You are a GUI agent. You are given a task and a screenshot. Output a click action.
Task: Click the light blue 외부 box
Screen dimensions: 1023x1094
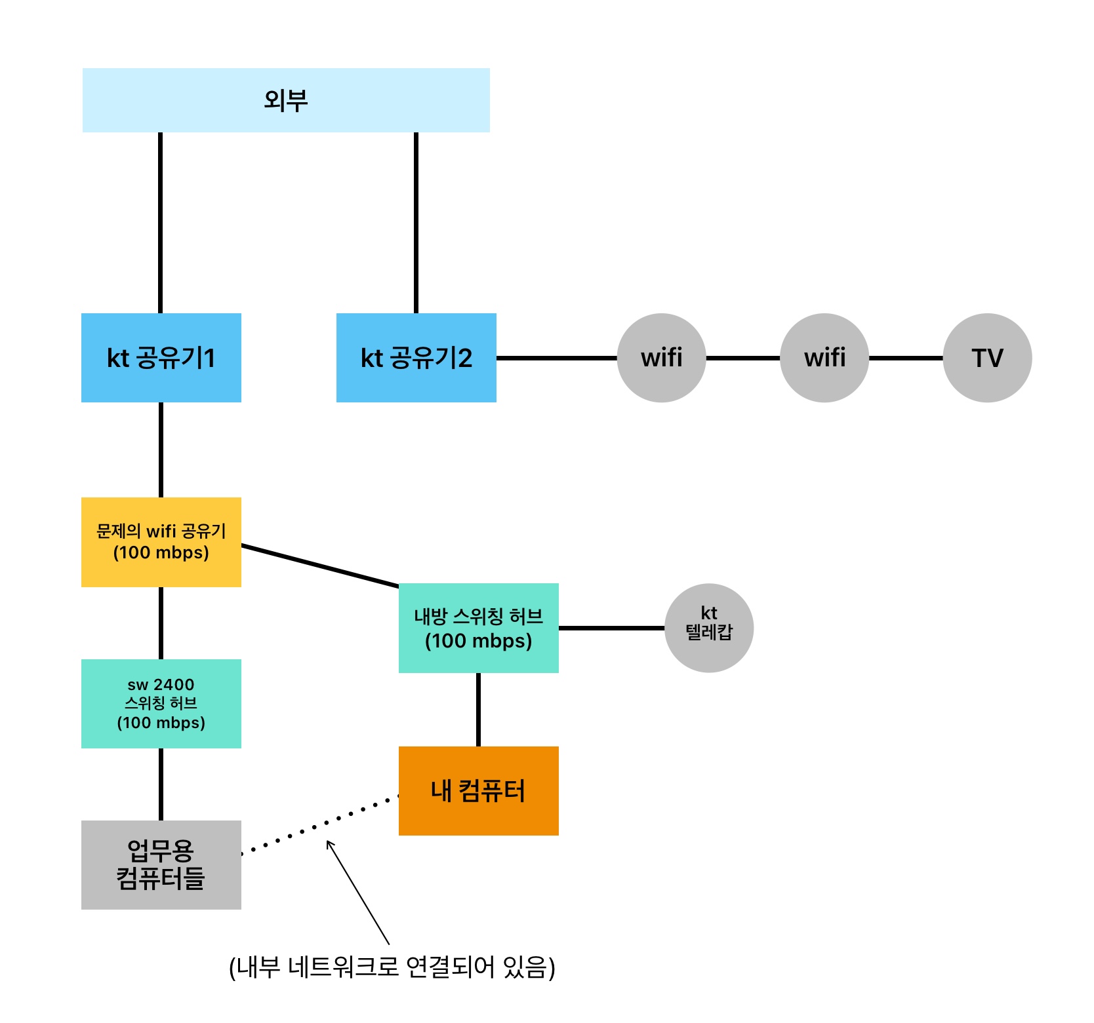pyautogui.click(x=286, y=100)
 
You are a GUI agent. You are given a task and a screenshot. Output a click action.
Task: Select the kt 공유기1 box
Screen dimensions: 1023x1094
pyautogui.click(x=161, y=358)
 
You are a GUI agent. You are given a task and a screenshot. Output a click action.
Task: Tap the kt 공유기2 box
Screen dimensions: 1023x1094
pyautogui.click(x=416, y=358)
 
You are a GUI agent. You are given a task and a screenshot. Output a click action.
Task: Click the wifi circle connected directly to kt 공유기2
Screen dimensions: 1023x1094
pyautogui.click(x=661, y=358)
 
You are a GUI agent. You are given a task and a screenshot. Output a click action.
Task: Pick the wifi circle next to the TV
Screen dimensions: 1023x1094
pyautogui.click(x=824, y=358)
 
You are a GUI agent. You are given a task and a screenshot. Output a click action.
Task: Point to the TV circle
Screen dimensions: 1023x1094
pyautogui.click(x=987, y=358)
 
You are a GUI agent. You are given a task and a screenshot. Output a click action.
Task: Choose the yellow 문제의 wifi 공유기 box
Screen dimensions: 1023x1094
pyautogui.click(x=161, y=542)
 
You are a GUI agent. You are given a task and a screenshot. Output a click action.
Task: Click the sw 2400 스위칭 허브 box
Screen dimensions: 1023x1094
pyautogui.click(x=161, y=703)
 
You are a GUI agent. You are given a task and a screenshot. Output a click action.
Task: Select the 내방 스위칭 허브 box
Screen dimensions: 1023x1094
pyautogui.click(x=479, y=628)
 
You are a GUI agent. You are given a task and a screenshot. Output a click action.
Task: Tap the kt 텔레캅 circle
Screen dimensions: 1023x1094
pyautogui.click(x=709, y=628)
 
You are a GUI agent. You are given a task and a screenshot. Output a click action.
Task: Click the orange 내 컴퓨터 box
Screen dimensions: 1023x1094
pyautogui.click(x=479, y=790)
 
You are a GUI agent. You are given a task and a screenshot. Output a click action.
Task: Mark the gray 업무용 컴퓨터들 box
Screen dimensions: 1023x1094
pyautogui.click(x=161, y=864)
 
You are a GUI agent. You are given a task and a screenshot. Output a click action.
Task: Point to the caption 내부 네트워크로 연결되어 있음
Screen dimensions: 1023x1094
pyautogui.click(x=392, y=967)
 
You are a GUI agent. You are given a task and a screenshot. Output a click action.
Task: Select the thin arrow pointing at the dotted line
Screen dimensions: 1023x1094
pyautogui.click(x=358, y=893)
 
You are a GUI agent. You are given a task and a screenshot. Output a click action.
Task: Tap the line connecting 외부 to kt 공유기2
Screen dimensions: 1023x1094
pyautogui.click(x=416, y=223)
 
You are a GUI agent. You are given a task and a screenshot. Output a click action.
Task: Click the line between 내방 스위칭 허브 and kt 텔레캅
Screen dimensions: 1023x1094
pyautogui.click(x=611, y=628)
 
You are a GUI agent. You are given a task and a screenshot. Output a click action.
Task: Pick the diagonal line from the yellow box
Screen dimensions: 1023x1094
pyautogui.click(x=320, y=565)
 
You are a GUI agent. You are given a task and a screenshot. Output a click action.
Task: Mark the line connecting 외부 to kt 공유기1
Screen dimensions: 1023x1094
pyautogui.click(x=161, y=223)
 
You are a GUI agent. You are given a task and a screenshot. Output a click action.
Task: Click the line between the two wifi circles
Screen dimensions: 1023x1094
pyautogui.click(x=742, y=358)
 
